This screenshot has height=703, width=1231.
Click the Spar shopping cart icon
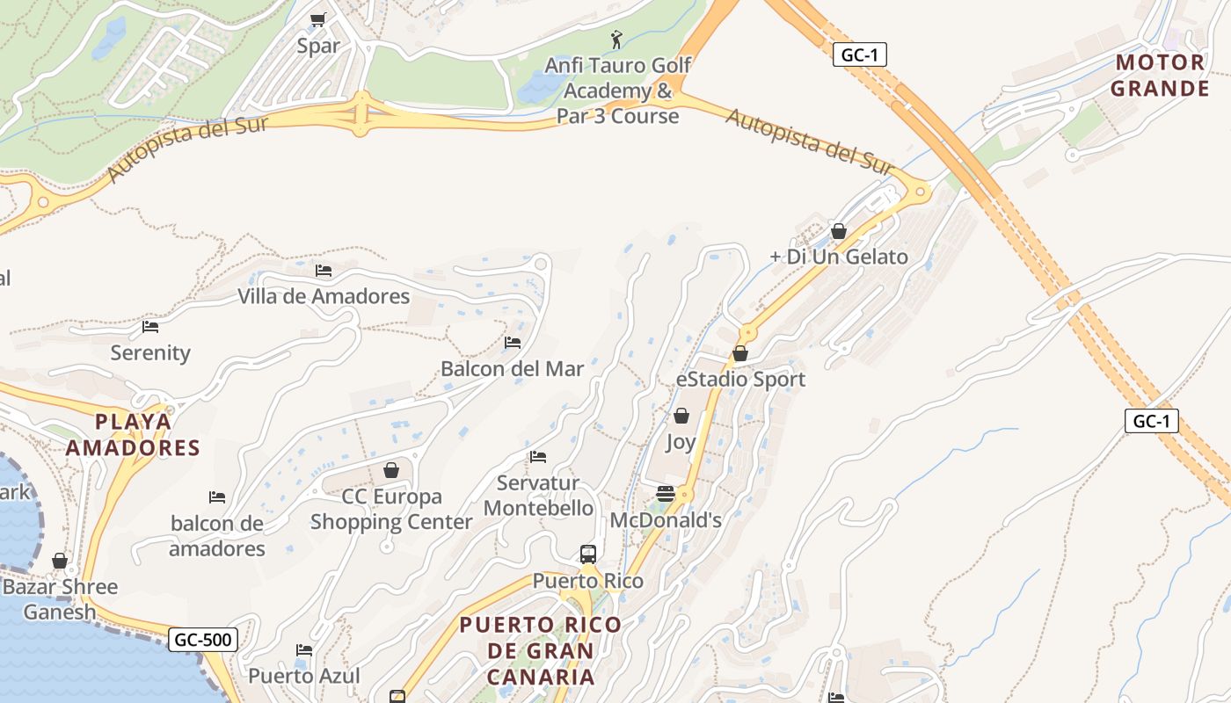[318, 19]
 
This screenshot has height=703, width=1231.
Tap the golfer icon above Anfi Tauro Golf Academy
[616, 40]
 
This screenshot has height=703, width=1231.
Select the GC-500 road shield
[203, 640]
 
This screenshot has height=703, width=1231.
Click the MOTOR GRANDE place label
[1159, 76]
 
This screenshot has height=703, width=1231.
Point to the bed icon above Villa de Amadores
[324, 271]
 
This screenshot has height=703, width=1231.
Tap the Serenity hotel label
[150, 353]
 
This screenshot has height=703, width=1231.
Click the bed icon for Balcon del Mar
[513, 343]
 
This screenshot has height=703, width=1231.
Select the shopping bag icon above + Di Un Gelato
[839, 231]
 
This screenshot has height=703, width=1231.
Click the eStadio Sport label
[740, 380]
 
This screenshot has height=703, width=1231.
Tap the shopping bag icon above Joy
[681, 416]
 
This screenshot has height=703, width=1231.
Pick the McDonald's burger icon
[666, 494]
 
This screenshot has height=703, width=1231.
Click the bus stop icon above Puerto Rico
[588, 554]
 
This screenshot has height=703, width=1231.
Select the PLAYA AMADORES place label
[134, 435]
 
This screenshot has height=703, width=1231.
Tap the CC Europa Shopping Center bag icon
[391, 470]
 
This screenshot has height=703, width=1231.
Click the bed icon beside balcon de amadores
[217, 497]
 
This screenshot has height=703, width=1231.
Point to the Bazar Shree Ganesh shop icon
[60, 561]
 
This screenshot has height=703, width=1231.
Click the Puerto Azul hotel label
[304, 676]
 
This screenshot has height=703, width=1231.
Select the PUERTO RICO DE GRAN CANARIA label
[540, 651]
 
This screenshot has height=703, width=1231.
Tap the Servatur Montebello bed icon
[538, 457]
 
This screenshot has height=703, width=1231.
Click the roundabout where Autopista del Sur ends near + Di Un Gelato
[921, 191]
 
